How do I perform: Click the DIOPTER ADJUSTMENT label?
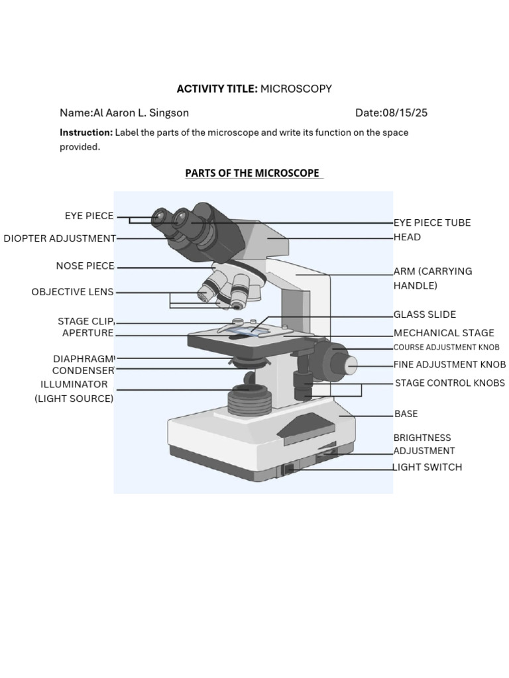tap(60, 238)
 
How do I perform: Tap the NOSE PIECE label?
tap(85, 266)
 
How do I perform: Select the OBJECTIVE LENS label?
tap(72, 292)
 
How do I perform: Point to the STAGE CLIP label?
tap(85, 321)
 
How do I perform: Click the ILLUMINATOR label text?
tap(74, 385)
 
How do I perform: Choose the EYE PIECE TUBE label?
tap(432, 222)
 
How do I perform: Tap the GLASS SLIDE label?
tap(425, 315)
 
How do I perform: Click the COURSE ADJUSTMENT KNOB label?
tap(446, 347)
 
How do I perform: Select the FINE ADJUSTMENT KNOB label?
tap(450, 365)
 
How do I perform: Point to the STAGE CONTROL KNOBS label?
tap(450, 383)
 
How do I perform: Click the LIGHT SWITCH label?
tap(427, 467)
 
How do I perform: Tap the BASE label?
tap(406, 414)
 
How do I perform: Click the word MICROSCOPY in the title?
tap(296, 89)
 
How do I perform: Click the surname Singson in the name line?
tap(169, 113)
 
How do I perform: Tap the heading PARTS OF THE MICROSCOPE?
tap(253, 173)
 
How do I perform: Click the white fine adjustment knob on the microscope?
tap(352, 365)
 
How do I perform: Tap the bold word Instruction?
tap(86, 132)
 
